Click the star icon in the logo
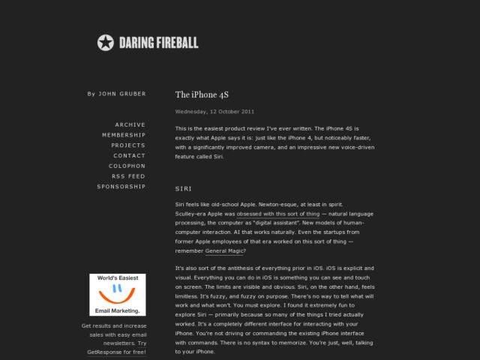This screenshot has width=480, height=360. click(x=106, y=43)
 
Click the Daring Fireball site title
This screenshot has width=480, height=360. click(x=157, y=43)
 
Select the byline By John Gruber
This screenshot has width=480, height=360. click(x=116, y=94)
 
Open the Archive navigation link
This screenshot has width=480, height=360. click(x=130, y=124)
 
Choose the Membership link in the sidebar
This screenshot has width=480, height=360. click(x=124, y=135)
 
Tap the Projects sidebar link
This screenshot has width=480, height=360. click(x=128, y=145)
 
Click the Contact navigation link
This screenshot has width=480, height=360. click(x=130, y=156)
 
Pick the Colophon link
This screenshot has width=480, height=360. click(x=127, y=166)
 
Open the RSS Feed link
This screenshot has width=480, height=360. click(x=128, y=176)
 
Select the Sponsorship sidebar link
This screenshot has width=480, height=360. click(x=121, y=187)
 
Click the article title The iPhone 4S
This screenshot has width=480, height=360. click(x=201, y=95)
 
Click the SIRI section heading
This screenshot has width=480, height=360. click(x=184, y=187)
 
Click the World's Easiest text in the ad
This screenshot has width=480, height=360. click(x=116, y=278)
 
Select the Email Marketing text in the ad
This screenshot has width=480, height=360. click(x=117, y=310)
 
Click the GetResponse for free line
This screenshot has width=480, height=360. click(x=114, y=352)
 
